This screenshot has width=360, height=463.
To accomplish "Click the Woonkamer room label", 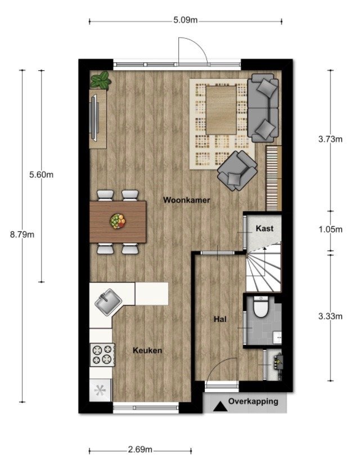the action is pos(187,200).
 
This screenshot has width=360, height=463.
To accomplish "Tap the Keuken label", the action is pos(147,350).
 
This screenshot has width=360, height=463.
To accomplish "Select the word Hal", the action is pos(220,319).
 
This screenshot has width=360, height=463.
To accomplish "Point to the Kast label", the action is pos(264,228).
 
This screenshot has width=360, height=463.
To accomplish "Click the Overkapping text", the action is pos(253,402).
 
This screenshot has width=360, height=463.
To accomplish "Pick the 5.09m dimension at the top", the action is pos(186,20).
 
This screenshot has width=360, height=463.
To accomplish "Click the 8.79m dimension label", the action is pos(22,235).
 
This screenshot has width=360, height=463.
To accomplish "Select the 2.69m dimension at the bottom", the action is pos(140,449).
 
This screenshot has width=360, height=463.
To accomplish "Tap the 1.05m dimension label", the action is pos(330,230).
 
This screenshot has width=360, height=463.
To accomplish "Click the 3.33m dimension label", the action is pos(330,317).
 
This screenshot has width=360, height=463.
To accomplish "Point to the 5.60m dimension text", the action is pos(42,175).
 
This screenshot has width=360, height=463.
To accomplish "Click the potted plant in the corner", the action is pos(101,80).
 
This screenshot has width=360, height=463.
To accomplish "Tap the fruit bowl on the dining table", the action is pos(118,221).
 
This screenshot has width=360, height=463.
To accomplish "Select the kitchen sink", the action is pos(108,302).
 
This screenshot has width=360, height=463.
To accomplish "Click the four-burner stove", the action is pos(102,354).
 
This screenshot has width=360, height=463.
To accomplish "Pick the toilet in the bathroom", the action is pos(261,307).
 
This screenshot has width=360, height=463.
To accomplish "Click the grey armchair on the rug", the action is pos(237,170).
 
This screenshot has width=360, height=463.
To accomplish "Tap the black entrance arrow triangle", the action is pos(220,407).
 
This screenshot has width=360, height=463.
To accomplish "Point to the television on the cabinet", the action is pos(94,118).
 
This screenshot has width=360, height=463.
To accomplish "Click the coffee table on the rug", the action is pos(221,110).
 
